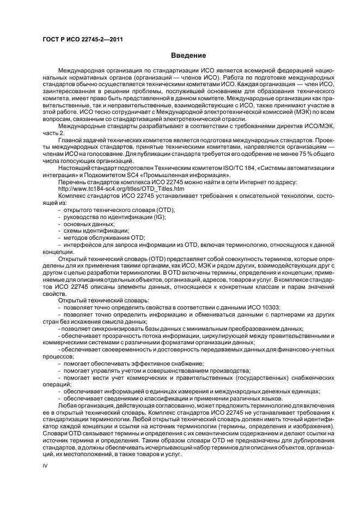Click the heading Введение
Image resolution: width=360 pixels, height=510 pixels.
click(188, 56)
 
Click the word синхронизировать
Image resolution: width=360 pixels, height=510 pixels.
click(123, 329)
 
